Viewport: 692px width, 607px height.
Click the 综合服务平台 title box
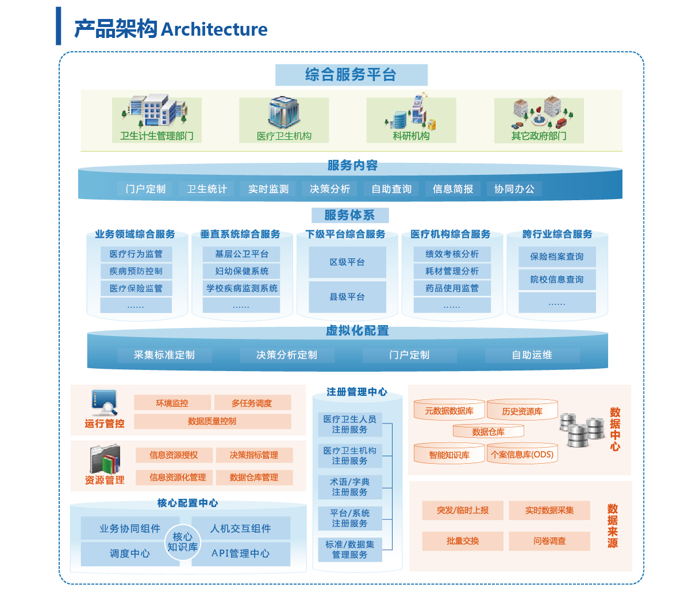(x=351, y=75)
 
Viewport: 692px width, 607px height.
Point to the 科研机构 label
(x=411, y=136)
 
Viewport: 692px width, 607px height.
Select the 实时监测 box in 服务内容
(x=268, y=189)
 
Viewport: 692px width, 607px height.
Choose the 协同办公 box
(x=514, y=189)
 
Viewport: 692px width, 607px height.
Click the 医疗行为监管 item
(x=136, y=254)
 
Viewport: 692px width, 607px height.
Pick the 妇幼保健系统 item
(x=241, y=272)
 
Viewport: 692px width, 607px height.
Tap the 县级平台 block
(x=347, y=297)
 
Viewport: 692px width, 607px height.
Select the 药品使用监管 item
(x=452, y=288)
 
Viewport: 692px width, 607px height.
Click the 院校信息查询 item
(x=556, y=280)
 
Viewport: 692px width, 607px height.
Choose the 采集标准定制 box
(x=164, y=355)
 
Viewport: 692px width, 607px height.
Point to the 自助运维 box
(x=532, y=355)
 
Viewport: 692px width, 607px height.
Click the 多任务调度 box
(x=252, y=403)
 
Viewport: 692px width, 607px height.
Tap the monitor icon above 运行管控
(x=104, y=402)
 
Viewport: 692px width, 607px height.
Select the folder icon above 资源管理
(x=105, y=459)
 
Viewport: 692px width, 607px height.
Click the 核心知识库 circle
(x=183, y=542)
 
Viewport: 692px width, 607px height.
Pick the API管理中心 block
(x=241, y=553)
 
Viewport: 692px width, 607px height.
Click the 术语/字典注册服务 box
(x=349, y=487)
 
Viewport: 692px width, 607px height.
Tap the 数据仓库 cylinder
(x=489, y=432)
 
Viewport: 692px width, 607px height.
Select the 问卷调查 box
(x=549, y=541)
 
